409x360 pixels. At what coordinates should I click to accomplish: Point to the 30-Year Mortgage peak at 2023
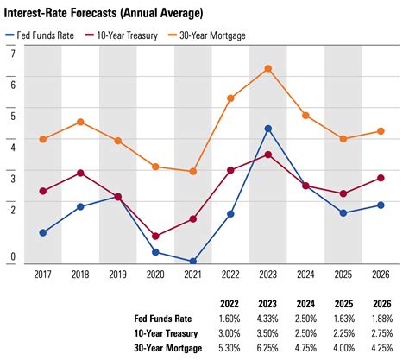pyautogui.click(x=268, y=68)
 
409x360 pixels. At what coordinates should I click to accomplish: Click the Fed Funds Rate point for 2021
pyautogui.click(x=193, y=261)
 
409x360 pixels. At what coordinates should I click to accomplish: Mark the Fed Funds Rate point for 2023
pyautogui.click(x=268, y=129)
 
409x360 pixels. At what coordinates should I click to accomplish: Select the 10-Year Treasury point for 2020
pyautogui.click(x=155, y=236)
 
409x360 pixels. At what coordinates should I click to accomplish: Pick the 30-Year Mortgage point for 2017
pyautogui.click(x=42, y=139)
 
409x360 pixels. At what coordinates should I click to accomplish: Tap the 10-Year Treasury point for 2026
pyautogui.click(x=381, y=178)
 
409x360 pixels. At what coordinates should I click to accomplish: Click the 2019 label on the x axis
pyautogui.click(x=117, y=275)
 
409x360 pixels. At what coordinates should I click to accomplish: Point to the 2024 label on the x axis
pyautogui.click(x=305, y=275)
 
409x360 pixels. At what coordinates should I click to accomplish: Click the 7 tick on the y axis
pyautogui.click(x=12, y=54)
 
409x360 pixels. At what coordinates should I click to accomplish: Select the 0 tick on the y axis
pyautogui.click(x=12, y=256)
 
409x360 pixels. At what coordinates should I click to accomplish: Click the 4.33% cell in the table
pyautogui.click(x=268, y=319)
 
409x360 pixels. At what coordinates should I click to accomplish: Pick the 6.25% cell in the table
pyautogui.click(x=268, y=348)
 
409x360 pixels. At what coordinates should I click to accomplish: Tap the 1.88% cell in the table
pyautogui.click(x=381, y=319)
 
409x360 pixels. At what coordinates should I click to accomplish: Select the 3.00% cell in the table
pyautogui.click(x=230, y=333)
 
